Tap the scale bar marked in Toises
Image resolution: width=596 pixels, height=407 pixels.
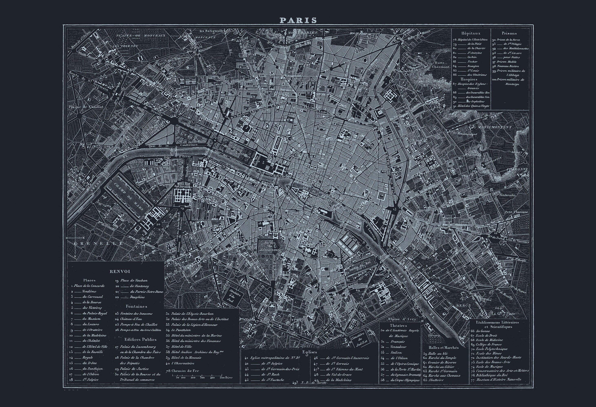(x=200, y=377)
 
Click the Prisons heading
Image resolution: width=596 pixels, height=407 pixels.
(x=509, y=33)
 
